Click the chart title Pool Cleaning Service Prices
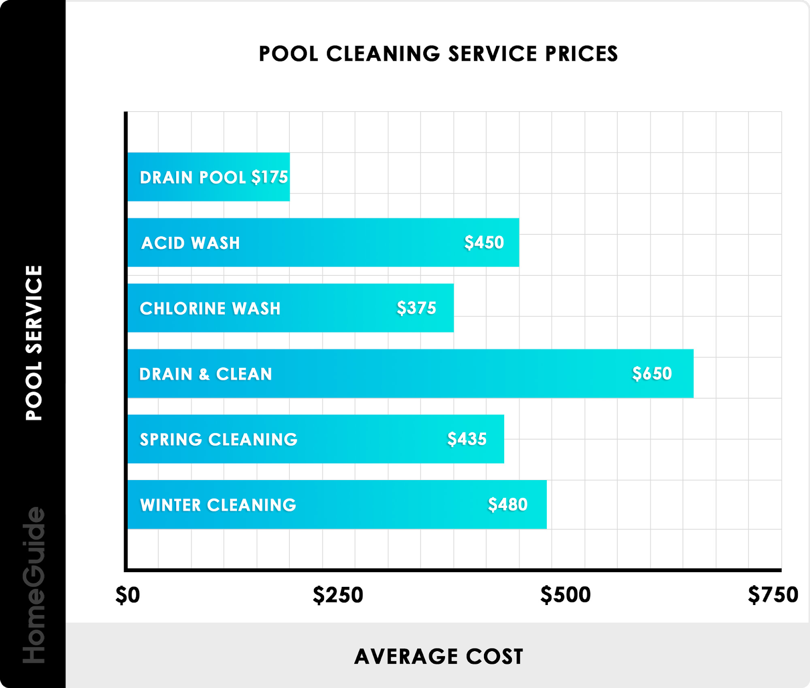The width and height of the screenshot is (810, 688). pyautogui.click(x=438, y=54)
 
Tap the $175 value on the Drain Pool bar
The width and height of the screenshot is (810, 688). pyautogui.click(x=270, y=177)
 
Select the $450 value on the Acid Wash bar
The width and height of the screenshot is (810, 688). pyautogui.click(x=484, y=242)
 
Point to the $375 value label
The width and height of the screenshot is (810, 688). pyautogui.click(x=416, y=308)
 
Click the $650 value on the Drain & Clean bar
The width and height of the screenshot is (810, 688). pyautogui.click(x=652, y=373)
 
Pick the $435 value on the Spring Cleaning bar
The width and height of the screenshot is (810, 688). pyautogui.click(x=467, y=439)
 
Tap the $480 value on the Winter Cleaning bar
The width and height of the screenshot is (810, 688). pyautogui.click(x=507, y=504)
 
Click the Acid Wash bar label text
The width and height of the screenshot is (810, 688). pyautogui.click(x=190, y=243)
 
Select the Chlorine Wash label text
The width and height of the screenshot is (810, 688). pyautogui.click(x=210, y=308)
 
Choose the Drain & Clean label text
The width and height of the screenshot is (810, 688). pyautogui.click(x=206, y=374)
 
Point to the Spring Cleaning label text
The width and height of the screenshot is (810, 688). pyautogui.click(x=219, y=439)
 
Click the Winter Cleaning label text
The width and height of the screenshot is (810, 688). pyautogui.click(x=218, y=505)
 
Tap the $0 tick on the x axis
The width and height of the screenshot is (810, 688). pyautogui.click(x=128, y=595)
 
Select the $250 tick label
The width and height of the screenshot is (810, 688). pyautogui.click(x=338, y=595)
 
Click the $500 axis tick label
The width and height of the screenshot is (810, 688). pyautogui.click(x=565, y=595)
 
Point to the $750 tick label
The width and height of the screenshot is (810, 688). pyautogui.click(x=773, y=595)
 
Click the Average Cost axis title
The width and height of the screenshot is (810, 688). pyautogui.click(x=438, y=656)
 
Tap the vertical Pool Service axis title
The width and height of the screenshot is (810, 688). pyautogui.click(x=34, y=342)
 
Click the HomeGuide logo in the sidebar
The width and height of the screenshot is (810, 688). pyautogui.click(x=34, y=585)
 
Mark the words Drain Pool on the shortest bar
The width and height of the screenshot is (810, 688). pyautogui.click(x=193, y=178)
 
